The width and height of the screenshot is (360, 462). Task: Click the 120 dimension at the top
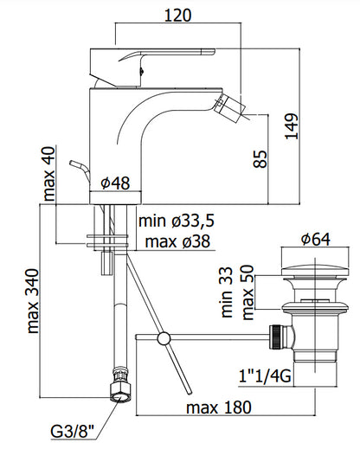pyautogui.click(x=177, y=16)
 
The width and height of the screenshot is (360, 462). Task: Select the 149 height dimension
pyautogui.click(x=292, y=125)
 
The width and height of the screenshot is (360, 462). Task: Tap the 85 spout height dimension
pyautogui.click(x=260, y=159)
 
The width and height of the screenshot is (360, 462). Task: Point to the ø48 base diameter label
pyautogui.click(x=115, y=183)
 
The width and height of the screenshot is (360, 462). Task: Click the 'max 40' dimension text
pyautogui.click(x=49, y=174)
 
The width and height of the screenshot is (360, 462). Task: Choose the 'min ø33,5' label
pyautogui.click(x=177, y=221)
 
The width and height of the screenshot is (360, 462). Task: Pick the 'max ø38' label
pyautogui.click(x=178, y=241)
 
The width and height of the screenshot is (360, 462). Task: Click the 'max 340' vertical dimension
pyautogui.click(x=32, y=301)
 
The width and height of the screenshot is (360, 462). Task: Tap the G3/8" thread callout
pyautogui.click(x=73, y=432)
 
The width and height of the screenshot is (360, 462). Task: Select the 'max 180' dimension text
pyautogui.click(x=219, y=407)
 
